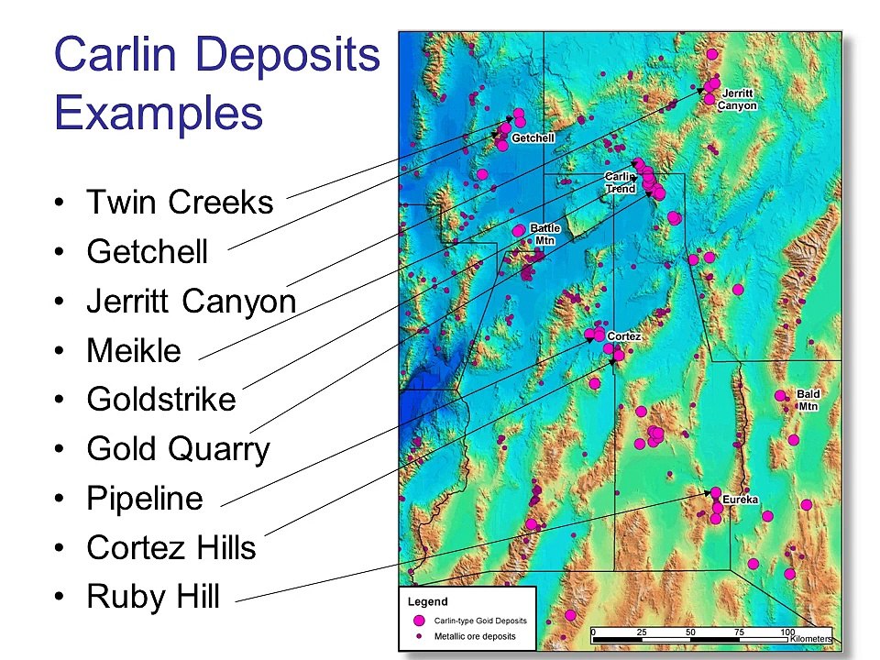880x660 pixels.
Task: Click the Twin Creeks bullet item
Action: tap(180, 202)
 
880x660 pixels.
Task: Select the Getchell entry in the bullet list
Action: tap(148, 251)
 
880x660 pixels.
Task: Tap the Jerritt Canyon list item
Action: tap(191, 301)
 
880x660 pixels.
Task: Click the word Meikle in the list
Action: tap(134, 350)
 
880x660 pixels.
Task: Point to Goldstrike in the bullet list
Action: tap(161, 400)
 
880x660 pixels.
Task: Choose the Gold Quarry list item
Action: tap(178, 449)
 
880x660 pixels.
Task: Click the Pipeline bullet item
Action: tap(145, 499)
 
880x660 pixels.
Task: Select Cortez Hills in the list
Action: tap(171, 548)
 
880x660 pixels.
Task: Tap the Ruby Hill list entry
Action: tap(153, 598)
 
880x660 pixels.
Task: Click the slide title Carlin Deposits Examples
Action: tap(216, 84)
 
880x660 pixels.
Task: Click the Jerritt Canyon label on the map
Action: tap(737, 100)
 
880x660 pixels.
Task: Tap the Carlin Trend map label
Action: tap(620, 182)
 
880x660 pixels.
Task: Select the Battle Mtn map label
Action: tap(545, 234)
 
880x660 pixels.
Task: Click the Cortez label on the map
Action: tap(623, 336)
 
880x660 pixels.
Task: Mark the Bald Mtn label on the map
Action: tap(808, 400)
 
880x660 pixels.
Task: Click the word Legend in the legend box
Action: tap(427, 602)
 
